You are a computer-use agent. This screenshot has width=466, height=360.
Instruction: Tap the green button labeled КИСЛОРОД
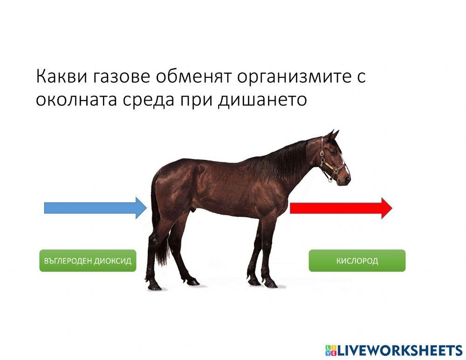pyautogui.click(x=357, y=261)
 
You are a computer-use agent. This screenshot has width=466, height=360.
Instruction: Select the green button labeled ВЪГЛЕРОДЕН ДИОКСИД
pyautogui.click(x=88, y=261)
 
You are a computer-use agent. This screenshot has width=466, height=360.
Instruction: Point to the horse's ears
pyautogui.click(x=332, y=135)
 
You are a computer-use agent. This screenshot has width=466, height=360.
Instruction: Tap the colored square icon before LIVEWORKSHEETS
pyautogui.click(x=330, y=350)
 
